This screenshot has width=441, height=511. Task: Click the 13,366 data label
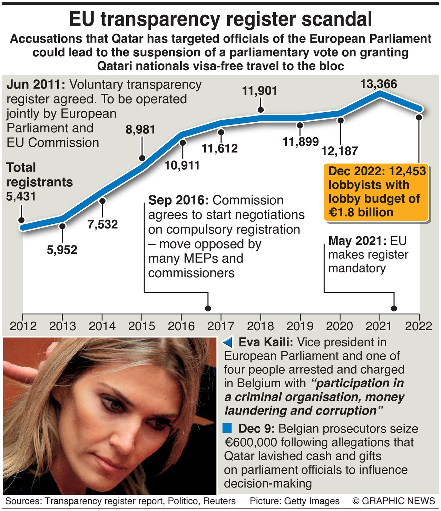point(379,84)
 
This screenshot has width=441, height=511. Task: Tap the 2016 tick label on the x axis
point(182,326)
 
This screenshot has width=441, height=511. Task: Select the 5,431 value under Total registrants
point(21,196)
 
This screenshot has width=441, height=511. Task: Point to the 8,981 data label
point(140,130)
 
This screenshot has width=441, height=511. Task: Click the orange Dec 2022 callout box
point(376,192)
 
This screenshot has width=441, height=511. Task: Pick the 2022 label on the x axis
point(419,326)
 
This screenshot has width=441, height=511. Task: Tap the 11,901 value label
point(260,91)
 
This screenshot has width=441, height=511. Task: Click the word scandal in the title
point(337,19)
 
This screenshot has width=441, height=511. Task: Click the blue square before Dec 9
point(227,428)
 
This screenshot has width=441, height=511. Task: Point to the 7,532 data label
point(102,224)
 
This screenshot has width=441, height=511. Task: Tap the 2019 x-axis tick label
point(300,326)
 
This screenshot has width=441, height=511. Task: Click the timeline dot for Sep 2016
point(208,308)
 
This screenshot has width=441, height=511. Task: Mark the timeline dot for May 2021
point(394,308)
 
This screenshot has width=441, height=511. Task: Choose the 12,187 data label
point(340,151)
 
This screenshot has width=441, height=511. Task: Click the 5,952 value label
point(62,250)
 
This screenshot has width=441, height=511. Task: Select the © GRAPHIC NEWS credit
point(394,501)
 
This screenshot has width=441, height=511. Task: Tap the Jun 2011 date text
point(36,84)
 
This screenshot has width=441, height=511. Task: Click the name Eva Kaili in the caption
point(266,342)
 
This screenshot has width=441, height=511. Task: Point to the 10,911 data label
point(182,166)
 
